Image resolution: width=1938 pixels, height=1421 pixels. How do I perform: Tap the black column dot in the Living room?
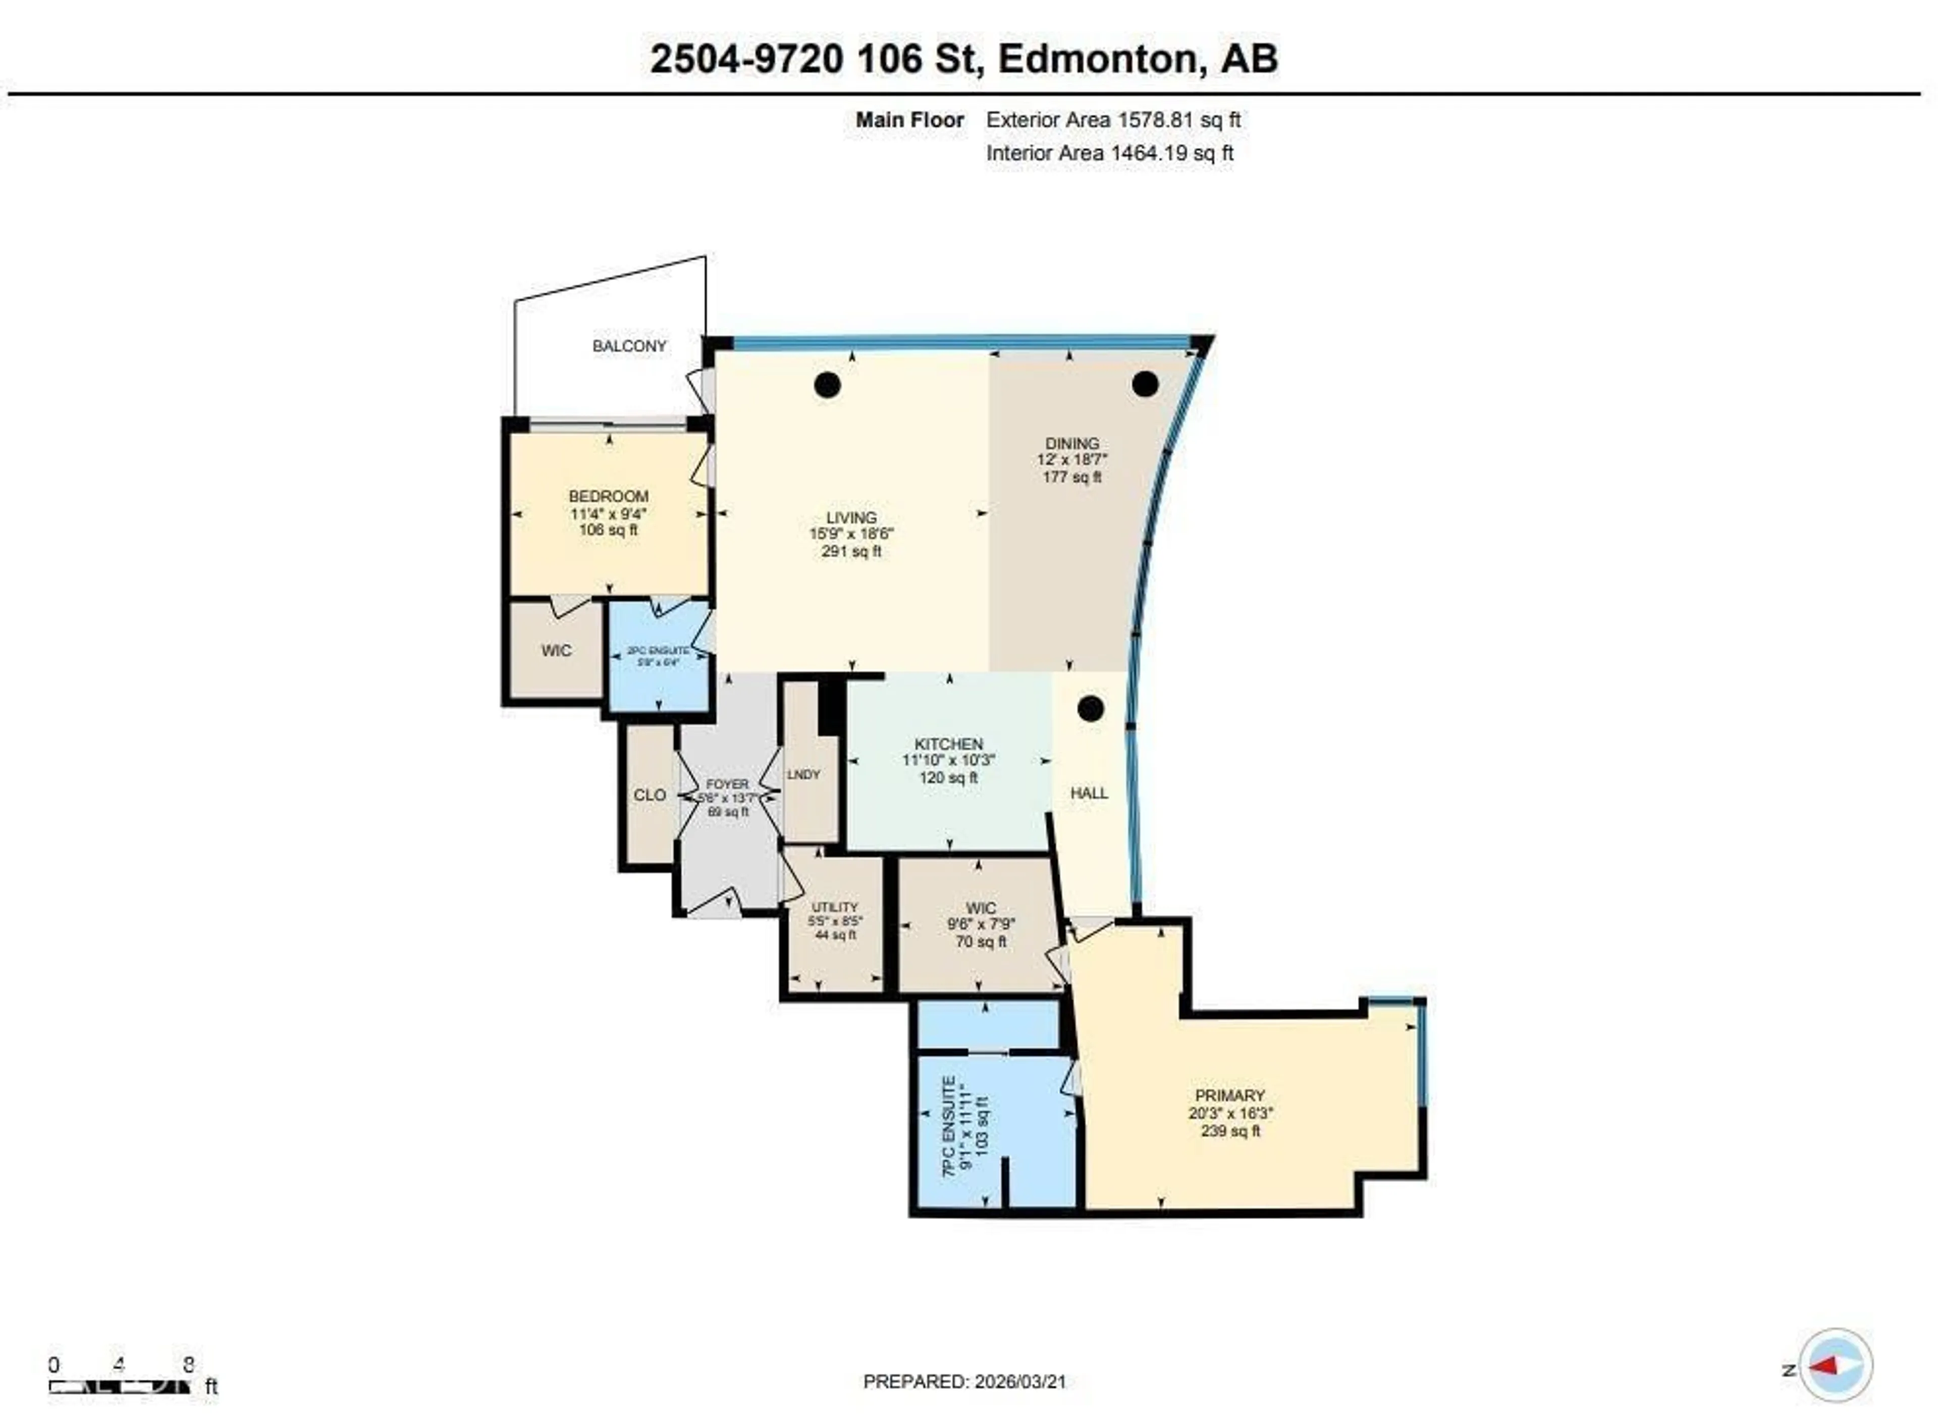pyautogui.click(x=827, y=385)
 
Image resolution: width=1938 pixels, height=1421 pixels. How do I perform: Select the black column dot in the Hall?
pyautogui.click(x=1090, y=709)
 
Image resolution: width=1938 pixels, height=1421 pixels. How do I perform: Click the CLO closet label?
pyautogui.click(x=649, y=795)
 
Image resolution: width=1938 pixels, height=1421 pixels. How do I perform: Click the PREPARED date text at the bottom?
pyautogui.click(x=964, y=1382)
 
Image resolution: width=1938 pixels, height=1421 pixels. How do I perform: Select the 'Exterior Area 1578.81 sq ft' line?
pyautogui.click(x=1113, y=121)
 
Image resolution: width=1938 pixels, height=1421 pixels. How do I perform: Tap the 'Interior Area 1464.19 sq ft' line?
pyautogui.click(x=1109, y=153)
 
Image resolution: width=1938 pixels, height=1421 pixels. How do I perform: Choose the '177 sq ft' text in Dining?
pyautogui.click(x=1071, y=477)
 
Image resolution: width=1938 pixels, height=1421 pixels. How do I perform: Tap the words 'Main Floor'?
pyautogui.click(x=909, y=121)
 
